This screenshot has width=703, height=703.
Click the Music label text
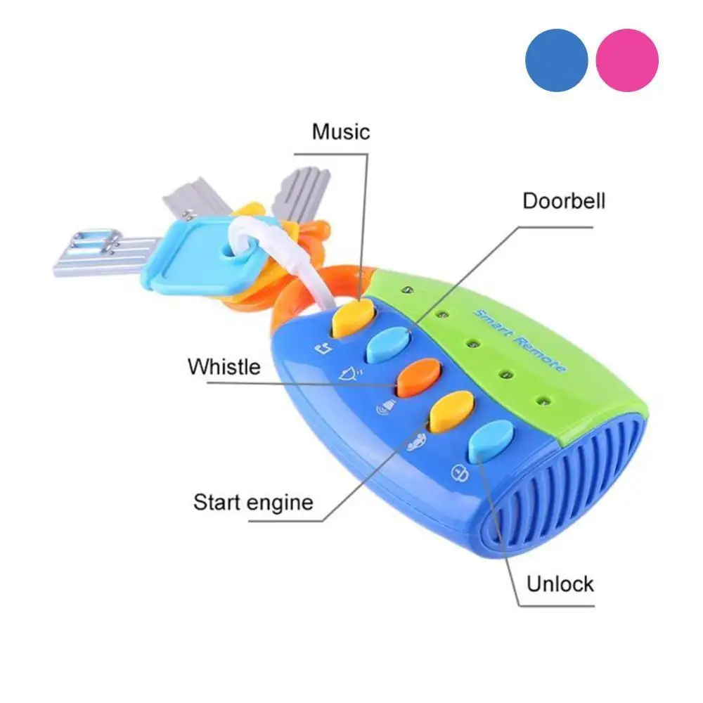tap(341, 131)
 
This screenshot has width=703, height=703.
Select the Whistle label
tap(224, 366)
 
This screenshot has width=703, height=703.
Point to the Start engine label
tap(253, 502)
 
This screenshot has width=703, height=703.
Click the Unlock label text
tap(560, 583)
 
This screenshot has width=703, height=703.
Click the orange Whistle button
tap(419, 378)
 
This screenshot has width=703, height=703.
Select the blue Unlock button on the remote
tap(491, 441)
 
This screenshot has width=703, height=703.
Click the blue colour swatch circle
tap(556, 59)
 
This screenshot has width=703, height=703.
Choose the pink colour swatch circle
tap(627, 59)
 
